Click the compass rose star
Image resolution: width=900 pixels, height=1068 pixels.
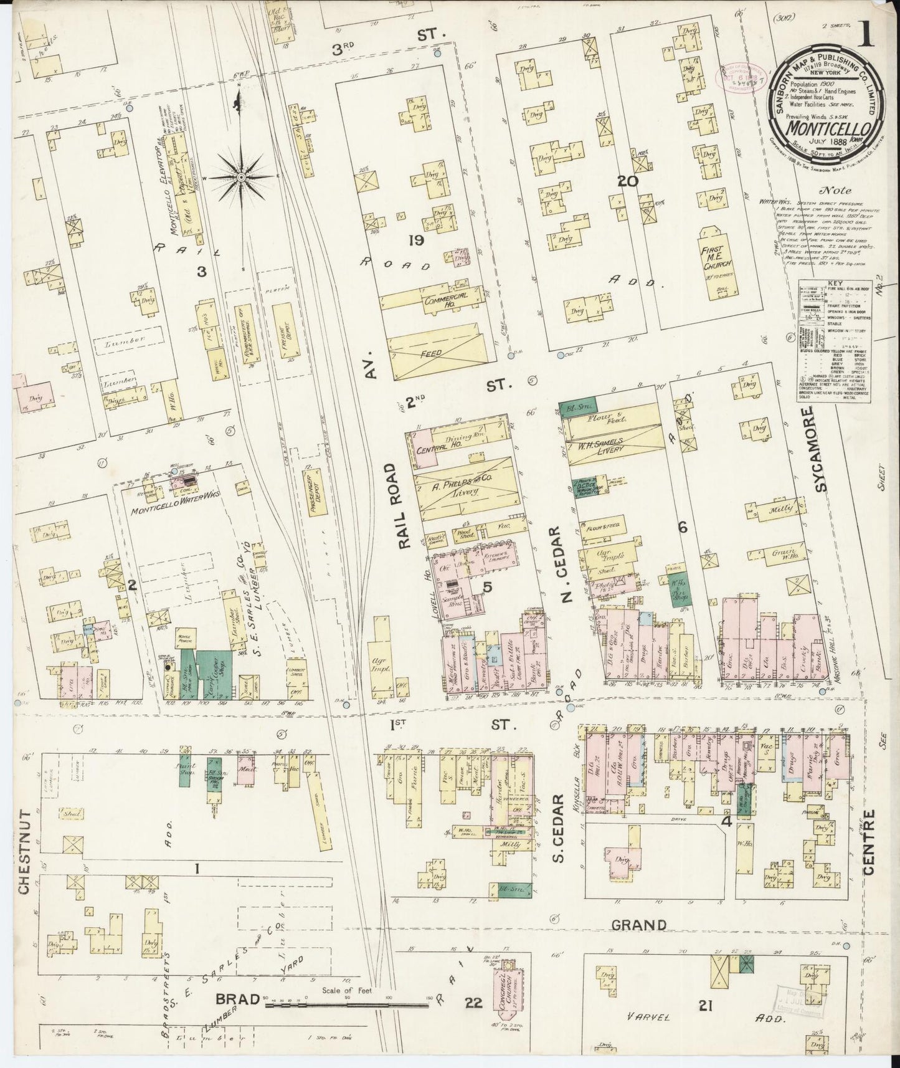point(240,178)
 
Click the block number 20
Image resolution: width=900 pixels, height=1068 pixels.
point(628,181)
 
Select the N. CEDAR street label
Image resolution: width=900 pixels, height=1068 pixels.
point(565,564)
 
